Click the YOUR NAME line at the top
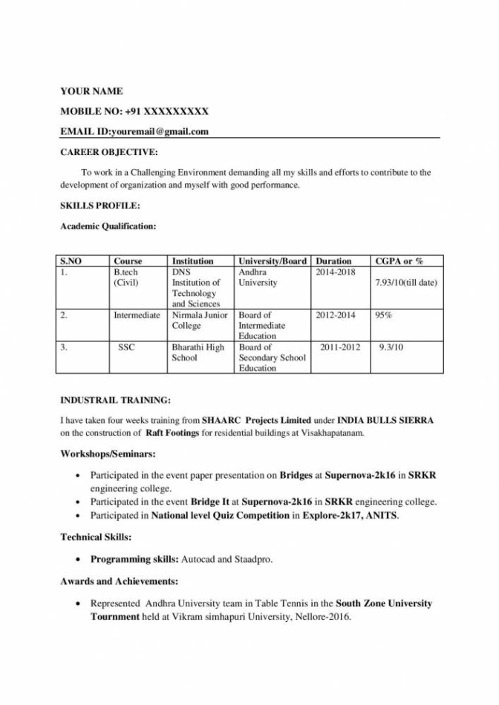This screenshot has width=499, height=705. (91, 91)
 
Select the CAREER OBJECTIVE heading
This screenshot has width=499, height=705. (108, 152)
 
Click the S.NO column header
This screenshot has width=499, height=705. (71, 261)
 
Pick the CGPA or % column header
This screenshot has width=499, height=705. (399, 261)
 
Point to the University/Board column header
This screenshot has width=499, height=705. (273, 261)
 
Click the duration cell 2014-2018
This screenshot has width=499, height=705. (336, 272)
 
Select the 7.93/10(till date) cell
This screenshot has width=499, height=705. (406, 283)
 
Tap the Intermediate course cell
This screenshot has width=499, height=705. (137, 315)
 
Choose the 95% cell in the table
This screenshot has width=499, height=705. (383, 315)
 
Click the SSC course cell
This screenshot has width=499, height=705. (126, 347)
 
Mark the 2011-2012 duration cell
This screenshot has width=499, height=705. (340, 347)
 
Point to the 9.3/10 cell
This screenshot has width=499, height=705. (391, 347)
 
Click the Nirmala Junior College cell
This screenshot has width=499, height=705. (199, 321)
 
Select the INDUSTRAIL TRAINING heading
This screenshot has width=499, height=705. (115, 400)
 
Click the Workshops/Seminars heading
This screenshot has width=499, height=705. (108, 454)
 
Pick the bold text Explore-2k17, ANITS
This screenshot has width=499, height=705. (350, 515)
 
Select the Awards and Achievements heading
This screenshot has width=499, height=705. (119, 581)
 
